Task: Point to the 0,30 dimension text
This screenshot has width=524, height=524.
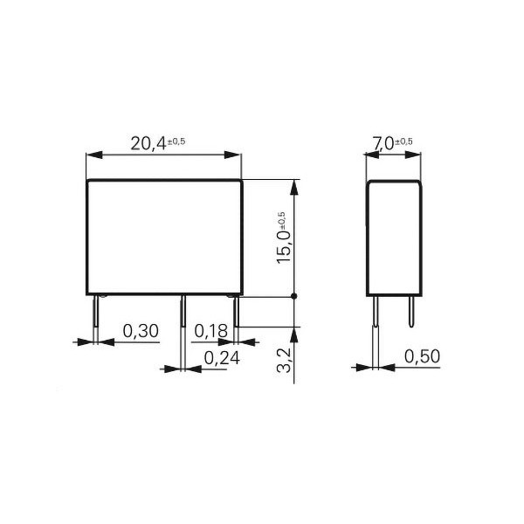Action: pyautogui.click(x=140, y=331)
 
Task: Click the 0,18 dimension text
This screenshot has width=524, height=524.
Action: pyautogui.click(x=211, y=331)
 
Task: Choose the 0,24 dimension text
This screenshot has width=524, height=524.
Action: pyautogui.click(x=222, y=358)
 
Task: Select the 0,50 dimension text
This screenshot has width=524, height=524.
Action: pyautogui.click(x=422, y=358)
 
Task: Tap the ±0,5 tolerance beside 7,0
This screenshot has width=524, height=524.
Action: pyautogui.click(x=404, y=141)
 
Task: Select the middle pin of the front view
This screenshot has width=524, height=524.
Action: pyautogui.click(x=183, y=314)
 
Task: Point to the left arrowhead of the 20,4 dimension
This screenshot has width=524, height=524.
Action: pyautogui.click(x=91, y=155)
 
